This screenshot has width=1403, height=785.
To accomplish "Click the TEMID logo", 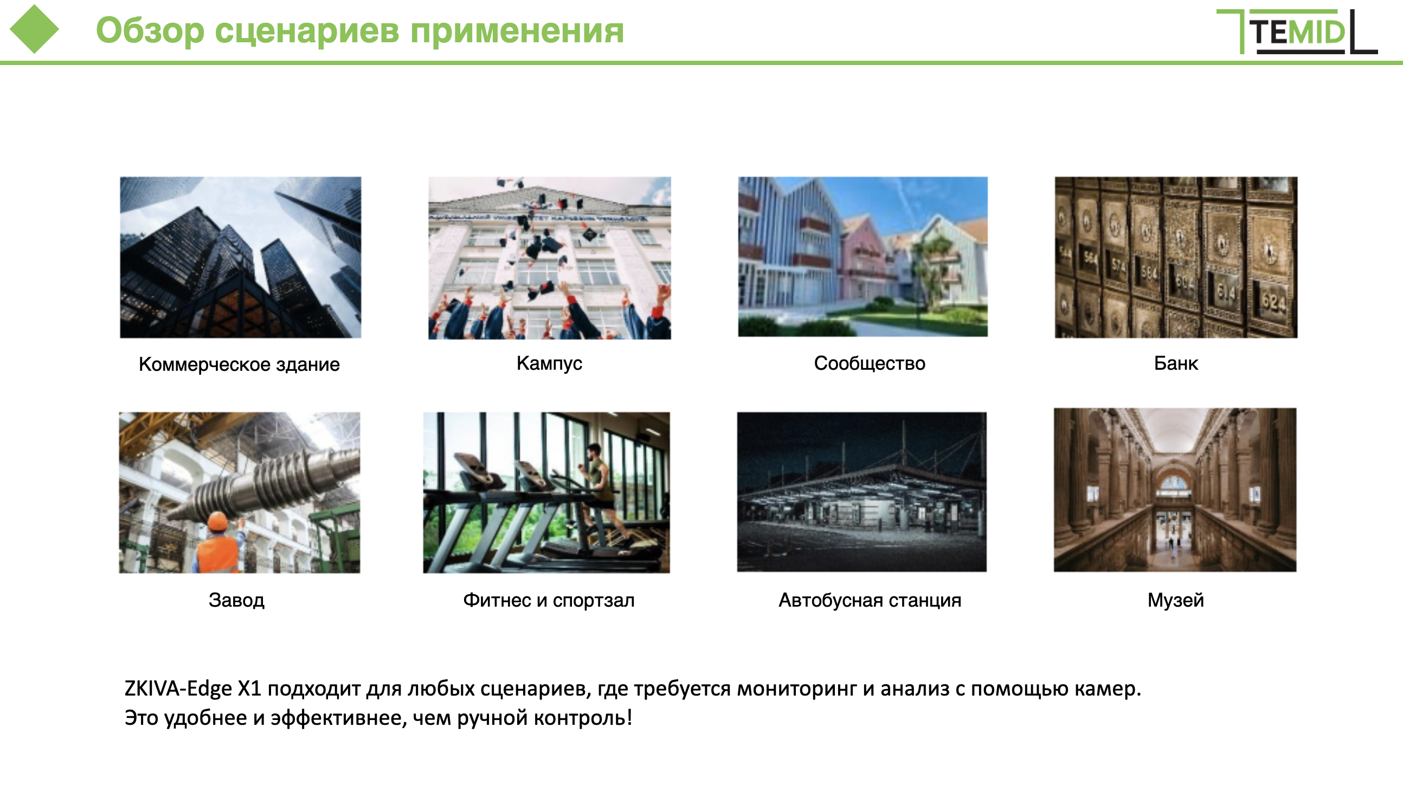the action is (1297, 31).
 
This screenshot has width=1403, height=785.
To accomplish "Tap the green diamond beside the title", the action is (34, 29).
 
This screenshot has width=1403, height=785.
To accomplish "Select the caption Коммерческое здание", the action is (239, 364).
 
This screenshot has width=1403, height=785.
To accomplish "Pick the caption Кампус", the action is (549, 363).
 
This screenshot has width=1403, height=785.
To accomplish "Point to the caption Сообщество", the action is (869, 363).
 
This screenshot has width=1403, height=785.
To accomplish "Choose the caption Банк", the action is (1176, 363).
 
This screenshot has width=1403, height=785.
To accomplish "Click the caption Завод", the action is (236, 600).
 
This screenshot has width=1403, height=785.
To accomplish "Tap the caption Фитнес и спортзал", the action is (549, 600).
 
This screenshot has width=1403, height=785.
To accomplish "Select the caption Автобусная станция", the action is (870, 600).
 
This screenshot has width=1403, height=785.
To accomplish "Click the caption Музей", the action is (1175, 600).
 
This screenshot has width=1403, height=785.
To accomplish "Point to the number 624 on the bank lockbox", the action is (1273, 301).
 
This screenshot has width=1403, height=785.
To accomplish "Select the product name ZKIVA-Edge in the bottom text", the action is (178, 689).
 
